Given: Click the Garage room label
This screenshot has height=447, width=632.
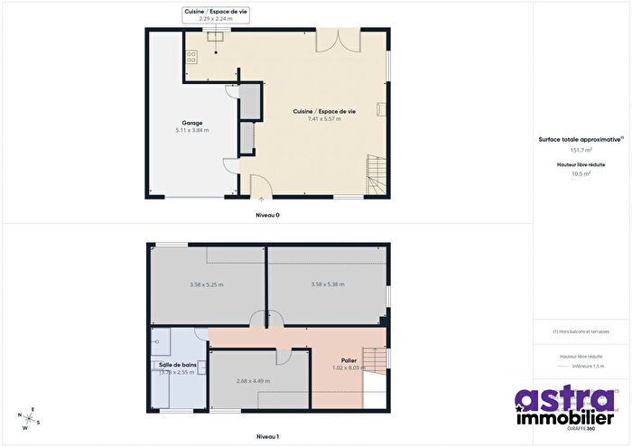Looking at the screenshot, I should click(191, 123).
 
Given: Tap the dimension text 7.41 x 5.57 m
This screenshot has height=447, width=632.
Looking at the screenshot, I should click(324, 119).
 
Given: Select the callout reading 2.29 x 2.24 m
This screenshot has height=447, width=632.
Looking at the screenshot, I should click(216, 18).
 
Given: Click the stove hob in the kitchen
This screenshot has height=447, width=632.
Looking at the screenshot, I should click(191, 56).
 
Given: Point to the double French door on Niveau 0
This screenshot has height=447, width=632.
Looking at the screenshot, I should click(330, 41).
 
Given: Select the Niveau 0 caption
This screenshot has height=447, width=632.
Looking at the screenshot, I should click(267, 216).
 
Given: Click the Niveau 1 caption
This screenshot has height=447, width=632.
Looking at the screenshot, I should click(267, 436).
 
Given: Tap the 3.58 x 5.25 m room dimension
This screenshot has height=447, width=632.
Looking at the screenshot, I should click(207, 285).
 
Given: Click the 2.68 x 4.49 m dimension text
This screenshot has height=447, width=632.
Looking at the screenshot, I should click(253, 381).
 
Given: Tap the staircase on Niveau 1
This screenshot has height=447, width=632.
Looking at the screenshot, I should click(372, 359).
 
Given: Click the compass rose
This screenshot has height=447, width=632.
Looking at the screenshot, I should click(28, 415).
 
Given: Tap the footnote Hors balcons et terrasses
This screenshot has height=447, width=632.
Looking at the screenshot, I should click(581, 331).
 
